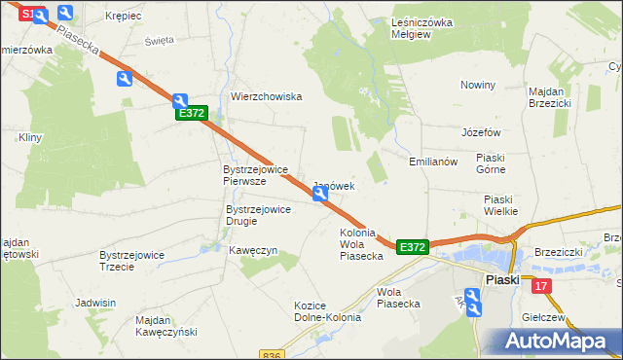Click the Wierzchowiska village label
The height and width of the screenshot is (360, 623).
(267, 96)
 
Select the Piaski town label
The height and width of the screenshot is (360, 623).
(502, 279)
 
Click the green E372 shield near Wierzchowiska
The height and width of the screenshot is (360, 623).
(192, 114)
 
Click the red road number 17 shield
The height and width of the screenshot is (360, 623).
(542, 285)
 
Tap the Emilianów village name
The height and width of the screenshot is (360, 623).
(433, 162)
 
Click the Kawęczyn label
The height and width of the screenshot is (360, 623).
(253, 250)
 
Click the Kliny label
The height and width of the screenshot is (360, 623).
(29, 138)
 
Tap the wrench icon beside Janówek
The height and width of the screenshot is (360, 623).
(320, 196)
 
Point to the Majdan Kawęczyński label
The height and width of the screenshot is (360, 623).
(166, 326)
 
